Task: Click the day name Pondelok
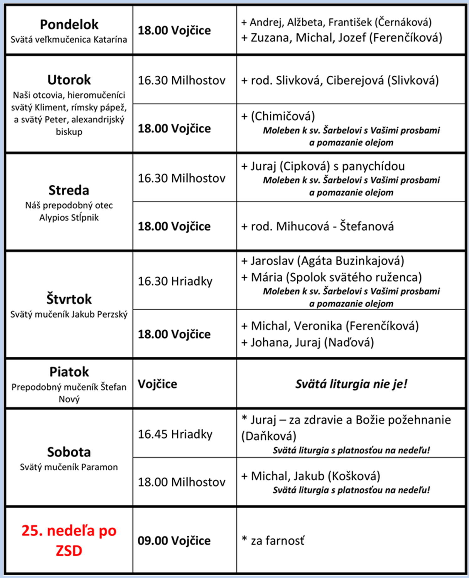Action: pyautogui.click(x=69, y=24)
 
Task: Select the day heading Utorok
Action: pyautogui.click(x=69, y=80)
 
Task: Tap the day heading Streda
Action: pyautogui.click(x=69, y=190)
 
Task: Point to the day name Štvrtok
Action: pyautogui.click(x=69, y=299)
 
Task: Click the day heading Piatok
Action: pyautogui.click(x=69, y=372)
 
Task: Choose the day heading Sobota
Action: pyautogui.click(x=69, y=452)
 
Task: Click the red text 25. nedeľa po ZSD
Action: pyautogui.click(x=69, y=540)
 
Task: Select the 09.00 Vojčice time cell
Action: pyautogui.click(x=174, y=541)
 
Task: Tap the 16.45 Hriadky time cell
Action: pyautogui.click(x=175, y=434)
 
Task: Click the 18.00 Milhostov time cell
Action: pyautogui.click(x=181, y=482)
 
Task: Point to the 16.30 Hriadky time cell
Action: pyautogui.click(x=175, y=281)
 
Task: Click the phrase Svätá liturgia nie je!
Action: pyautogui.click(x=351, y=384)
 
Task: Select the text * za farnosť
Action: pyautogui.click(x=273, y=541)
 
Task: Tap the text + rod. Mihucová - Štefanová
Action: pyautogui.click(x=317, y=226)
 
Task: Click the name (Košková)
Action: pyautogui.click(x=354, y=476)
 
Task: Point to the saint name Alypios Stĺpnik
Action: pyautogui.click(x=69, y=217)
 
